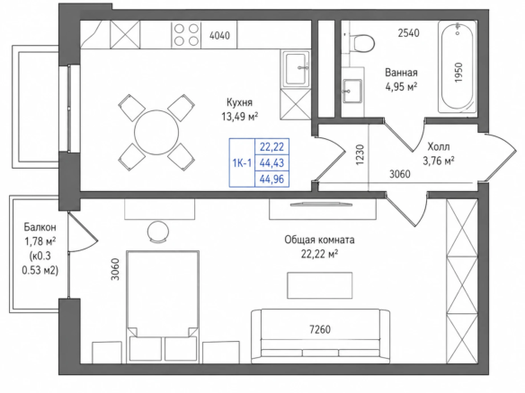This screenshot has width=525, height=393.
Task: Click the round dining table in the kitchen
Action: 156,132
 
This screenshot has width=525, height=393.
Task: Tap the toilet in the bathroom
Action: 362,43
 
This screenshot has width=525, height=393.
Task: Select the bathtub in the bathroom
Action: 458,66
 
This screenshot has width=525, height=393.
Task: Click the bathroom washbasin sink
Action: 351,91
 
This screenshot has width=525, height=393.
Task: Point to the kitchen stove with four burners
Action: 186,34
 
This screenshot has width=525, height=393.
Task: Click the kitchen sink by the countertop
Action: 297,69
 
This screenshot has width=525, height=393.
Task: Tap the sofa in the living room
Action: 320,336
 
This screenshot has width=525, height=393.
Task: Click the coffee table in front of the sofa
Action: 320,285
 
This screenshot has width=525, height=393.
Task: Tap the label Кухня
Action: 239,102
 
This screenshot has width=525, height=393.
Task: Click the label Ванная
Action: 401,72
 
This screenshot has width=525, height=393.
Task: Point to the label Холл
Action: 439,146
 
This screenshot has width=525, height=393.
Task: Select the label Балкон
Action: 40,227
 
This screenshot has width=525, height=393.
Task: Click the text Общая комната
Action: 319,240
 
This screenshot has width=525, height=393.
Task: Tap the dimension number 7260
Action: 320,329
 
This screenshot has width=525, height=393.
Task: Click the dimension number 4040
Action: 219,35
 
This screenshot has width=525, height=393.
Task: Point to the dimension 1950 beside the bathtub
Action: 458,73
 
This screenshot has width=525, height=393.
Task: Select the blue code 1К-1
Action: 242,162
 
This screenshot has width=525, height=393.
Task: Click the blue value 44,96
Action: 271,179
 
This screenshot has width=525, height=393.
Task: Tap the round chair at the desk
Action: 158,231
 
